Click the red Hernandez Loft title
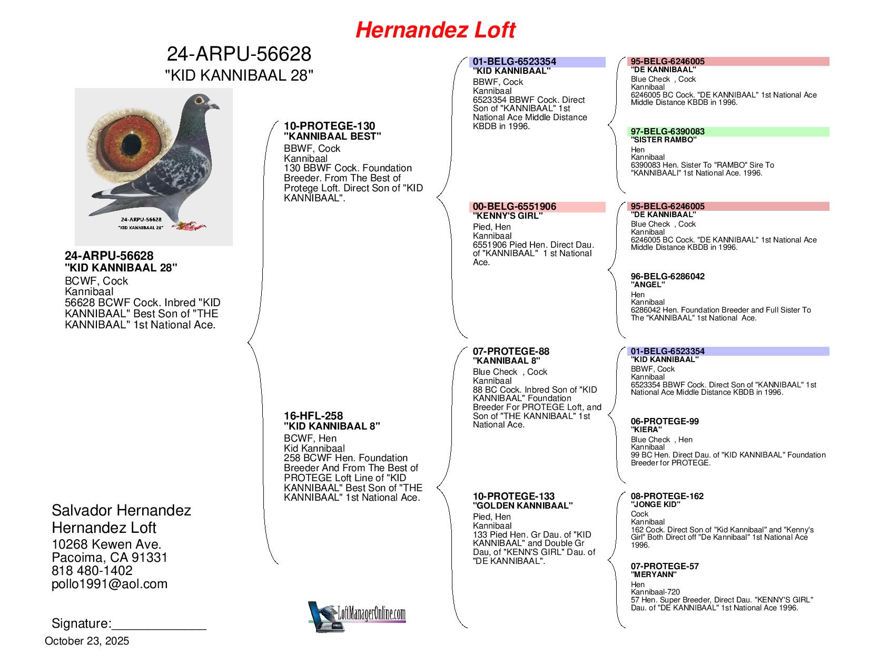pyautogui.click(x=435, y=30)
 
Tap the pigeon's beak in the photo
pyautogui.click(x=214, y=106)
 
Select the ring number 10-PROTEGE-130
pyautogui.click(x=329, y=126)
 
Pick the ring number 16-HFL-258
pyautogui.click(x=313, y=416)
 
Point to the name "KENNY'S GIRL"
pyautogui.click(x=507, y=216)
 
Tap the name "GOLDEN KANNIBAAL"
pyautogui.click(x=522, y=505)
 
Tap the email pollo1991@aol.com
pyautogui.click(x=110, y=584)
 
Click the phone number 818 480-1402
pyautogui.click(x=92, y=571)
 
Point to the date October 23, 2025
pyautogui.click(x=87, y=641)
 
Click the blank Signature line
pyautogui.click(x=159, y=625)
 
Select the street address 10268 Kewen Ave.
pyautogui.click(x=106, y=544)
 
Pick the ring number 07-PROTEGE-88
pyautogui.click(x=511, y=352)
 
